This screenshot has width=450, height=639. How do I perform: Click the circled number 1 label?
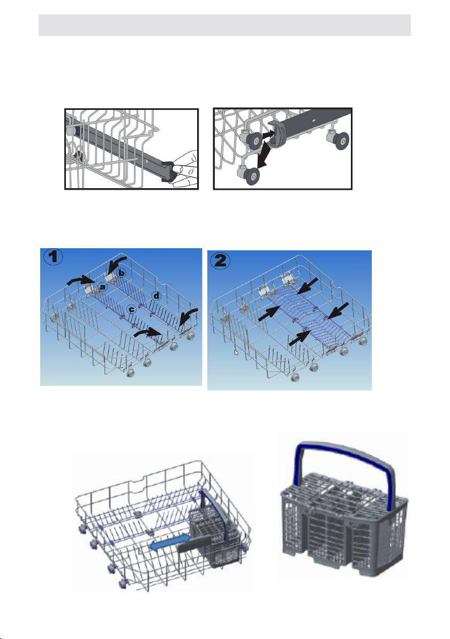tap(53, 257)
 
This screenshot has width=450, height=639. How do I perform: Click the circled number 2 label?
tap(220, 260)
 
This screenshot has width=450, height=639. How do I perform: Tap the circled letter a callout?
tap(103, 287)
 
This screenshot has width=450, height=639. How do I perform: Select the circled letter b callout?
tap(122, 273)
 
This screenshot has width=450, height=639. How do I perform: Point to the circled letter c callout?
tap(131, 309)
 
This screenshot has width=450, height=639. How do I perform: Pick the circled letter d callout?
tap(156, 295)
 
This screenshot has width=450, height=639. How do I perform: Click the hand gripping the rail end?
tap(186, 169)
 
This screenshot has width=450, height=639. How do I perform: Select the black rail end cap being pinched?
tap(171, 173)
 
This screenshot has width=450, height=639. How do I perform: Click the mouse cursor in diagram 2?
tap(236, 353)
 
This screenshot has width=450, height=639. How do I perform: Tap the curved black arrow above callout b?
tap(117, 264)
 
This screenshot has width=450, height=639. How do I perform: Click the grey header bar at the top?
tap(224, 25)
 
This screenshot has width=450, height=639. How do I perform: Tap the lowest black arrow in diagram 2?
tap(300, 338)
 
